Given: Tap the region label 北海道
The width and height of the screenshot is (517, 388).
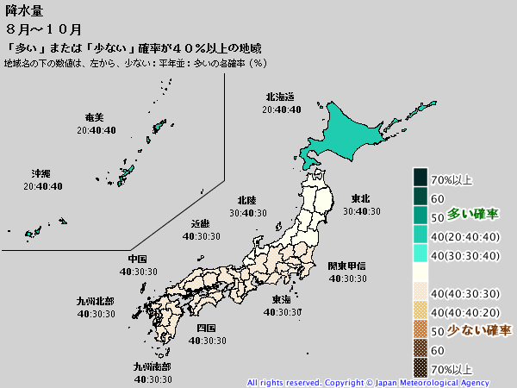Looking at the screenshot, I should [281, 97].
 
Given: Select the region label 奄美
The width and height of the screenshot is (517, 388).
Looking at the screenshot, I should [95, 117].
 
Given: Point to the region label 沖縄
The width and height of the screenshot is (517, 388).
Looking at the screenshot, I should [40, 173].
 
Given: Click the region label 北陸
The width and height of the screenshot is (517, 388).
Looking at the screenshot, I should [246, 201].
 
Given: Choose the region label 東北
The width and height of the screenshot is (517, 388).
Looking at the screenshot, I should [361, 199].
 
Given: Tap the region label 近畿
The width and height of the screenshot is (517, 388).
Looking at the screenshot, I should [200, 222].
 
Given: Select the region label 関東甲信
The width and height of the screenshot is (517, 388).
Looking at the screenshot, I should [346, 266].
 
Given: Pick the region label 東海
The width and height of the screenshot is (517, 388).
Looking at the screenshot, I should [281, 300].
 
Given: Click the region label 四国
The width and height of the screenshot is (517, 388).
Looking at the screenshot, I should [206, 329].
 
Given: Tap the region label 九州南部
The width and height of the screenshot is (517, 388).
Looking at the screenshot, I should [151, 366].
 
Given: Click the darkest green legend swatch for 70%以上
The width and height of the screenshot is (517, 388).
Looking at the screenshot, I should [420, 178].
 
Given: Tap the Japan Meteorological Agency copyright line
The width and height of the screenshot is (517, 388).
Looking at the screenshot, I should [368, 382].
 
